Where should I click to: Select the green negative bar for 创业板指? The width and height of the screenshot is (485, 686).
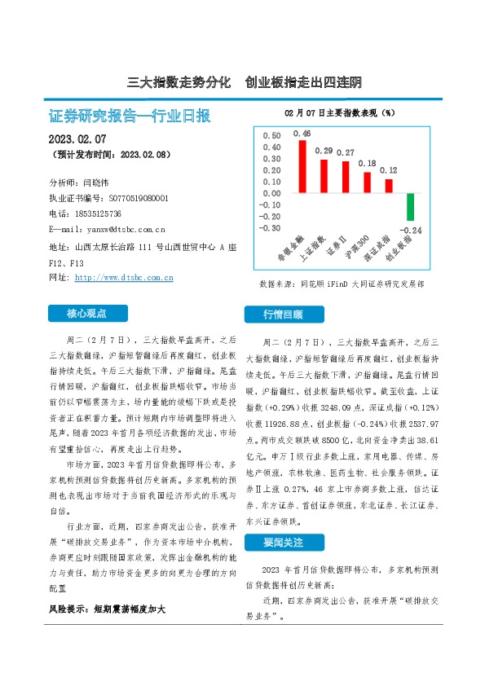[x=411, y=206]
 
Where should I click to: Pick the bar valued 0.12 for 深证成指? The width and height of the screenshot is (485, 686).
[x=389, y=186]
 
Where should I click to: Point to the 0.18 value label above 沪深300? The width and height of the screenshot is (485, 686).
[x=367, y=164]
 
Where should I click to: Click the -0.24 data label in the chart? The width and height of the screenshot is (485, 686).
[x=412, y=231]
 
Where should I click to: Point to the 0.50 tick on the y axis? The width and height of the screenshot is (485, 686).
[x=271, y=136]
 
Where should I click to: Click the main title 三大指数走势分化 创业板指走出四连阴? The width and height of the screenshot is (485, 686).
[x=245, y=82]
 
